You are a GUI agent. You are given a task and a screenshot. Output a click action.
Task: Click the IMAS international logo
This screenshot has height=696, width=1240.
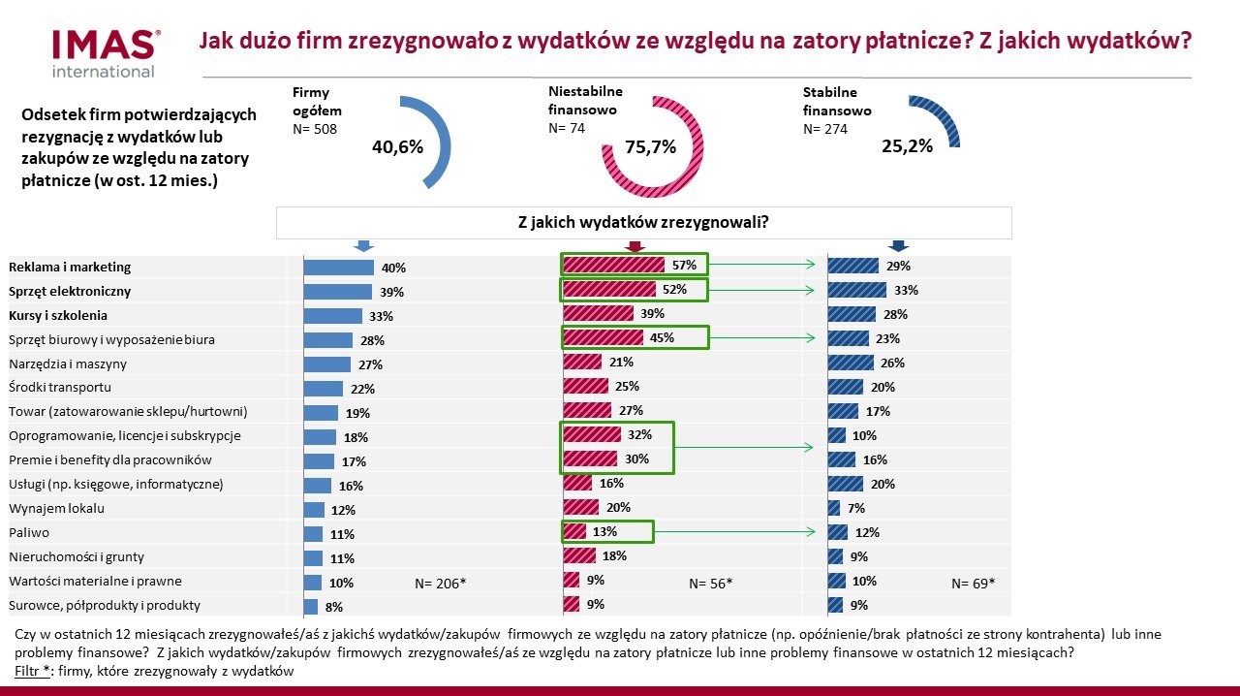pyautogui.click(x=105, y=52)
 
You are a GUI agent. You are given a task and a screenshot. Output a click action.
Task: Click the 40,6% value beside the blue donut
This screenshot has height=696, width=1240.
pyautogui.click(x=397, y=147)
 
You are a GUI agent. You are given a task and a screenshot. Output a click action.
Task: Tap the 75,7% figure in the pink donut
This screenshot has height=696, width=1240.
pyautogui.click(x=650, y=147)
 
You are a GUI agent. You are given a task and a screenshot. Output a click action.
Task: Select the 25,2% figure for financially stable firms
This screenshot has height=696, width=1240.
pyautogui.click(x=907, y=146)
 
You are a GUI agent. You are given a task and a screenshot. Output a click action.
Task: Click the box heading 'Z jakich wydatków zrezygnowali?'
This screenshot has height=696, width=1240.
pyautogui.click(x=643, y=222)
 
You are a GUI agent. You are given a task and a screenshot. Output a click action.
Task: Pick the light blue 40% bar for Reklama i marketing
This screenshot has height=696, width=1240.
pyautogui.click(x=338, y=268)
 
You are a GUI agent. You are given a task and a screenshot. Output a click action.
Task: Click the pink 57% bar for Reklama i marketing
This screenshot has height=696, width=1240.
pyautogui.click(x=613, y=265)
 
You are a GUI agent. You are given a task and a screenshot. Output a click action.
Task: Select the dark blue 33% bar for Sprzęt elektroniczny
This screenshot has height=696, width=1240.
pyautogui.click(x=857, y=290)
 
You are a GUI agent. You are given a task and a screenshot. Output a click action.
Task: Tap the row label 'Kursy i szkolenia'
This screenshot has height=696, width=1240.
pyautogui.click(x=58, y=315)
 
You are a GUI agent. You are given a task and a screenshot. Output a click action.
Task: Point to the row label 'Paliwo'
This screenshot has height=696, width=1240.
pyautogui.click(x=29, y=532)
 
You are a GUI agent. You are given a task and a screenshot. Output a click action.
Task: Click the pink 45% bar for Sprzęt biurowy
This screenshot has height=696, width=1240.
pyautogui.click(x=603, y=337)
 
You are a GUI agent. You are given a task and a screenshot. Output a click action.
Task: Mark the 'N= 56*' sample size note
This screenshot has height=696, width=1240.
pyautogui.click(x=710, y=584)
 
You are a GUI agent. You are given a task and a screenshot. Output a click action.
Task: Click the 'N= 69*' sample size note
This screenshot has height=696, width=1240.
pyautogui.click(x=973, y=584)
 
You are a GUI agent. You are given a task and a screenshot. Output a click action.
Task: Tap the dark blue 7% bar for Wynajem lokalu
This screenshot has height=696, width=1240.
pyautogui.click(x=834, y=508)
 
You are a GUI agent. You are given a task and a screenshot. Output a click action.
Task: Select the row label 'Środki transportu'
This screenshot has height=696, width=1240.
pyautogui.click(x=60, y=388)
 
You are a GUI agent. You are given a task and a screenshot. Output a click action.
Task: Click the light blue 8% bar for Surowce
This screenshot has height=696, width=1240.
pyautogui.click(x=311, y=607)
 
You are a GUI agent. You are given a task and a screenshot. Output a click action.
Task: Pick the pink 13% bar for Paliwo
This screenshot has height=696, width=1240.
pyautogui.click(x=574, y=531)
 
